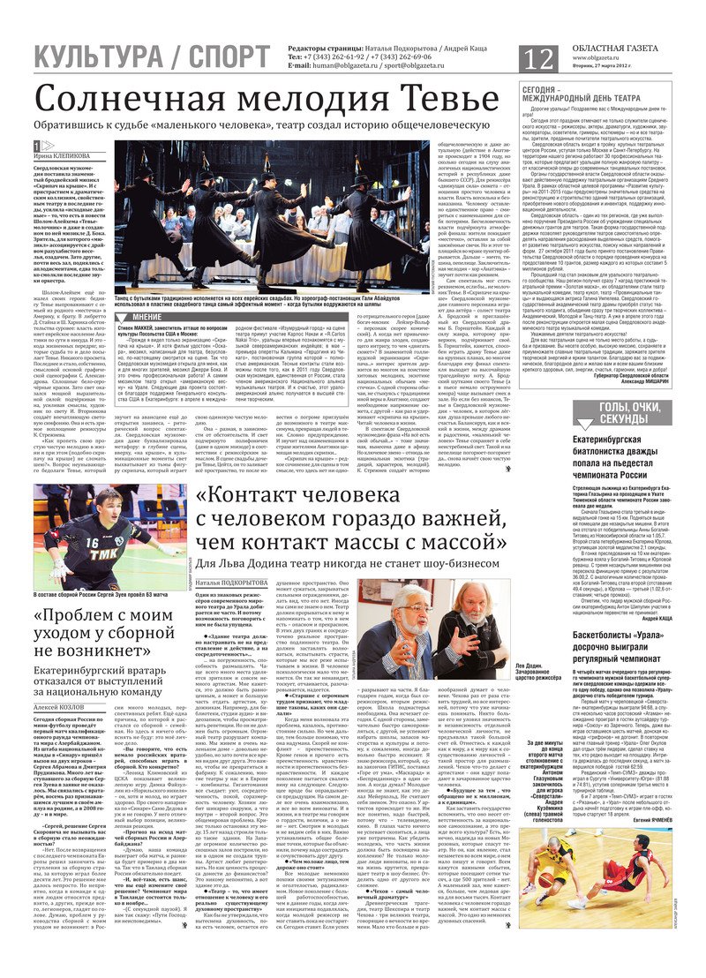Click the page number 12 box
pyautogui.click(x=539, y=58)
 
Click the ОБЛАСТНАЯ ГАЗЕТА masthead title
pyautogui.click(x=624, y=47)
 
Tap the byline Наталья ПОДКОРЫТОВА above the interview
pyautogui.click(x=231, y=583)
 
